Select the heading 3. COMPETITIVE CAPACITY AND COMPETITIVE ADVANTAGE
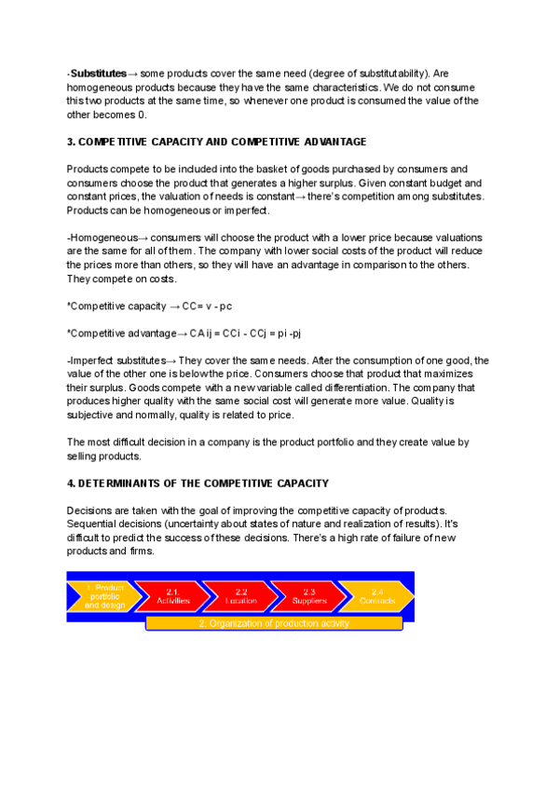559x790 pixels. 216,142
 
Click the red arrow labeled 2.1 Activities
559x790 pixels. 172,596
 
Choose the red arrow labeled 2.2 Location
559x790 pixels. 240,596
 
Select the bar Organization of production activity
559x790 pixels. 274,622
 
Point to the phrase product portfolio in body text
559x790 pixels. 303,443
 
